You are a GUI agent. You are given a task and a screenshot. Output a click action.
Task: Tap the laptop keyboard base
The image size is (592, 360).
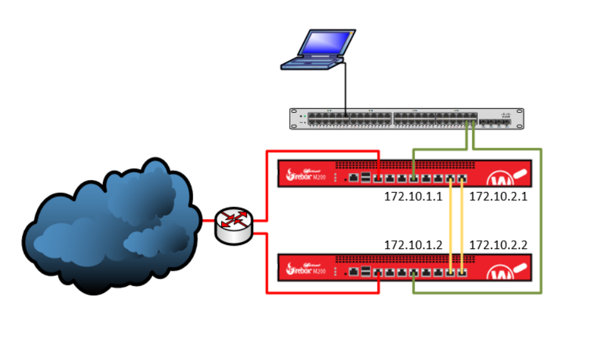pos(310,62)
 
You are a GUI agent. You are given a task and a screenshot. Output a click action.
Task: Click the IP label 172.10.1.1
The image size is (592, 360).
pos(413,196)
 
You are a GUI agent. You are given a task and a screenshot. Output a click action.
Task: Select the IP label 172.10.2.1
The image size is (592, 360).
pos(498,196)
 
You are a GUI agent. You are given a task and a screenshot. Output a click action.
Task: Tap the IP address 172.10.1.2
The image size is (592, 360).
pos(413,244)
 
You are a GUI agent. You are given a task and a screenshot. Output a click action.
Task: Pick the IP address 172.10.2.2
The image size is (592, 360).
pos(498,244)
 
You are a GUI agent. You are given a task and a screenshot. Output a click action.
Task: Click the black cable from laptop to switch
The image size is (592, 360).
pos(345,88)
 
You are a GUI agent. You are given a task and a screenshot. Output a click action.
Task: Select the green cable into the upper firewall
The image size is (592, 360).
pos(439,150)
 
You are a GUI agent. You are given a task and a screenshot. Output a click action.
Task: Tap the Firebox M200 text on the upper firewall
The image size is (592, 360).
pos(307,177)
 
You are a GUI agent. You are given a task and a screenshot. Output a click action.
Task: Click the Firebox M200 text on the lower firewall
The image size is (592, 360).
pos(307,271)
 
